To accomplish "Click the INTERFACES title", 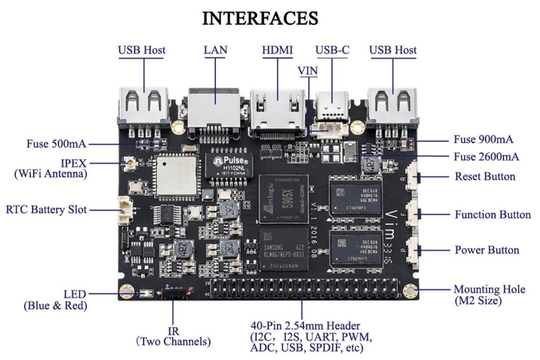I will point(260,18).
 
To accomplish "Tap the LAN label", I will point(215,50).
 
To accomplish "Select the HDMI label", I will point(277,50).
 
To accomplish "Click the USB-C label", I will point(332,50).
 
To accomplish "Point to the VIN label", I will point(308,70).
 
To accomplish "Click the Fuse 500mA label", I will point(56,144).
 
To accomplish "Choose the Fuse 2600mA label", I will point(486,157).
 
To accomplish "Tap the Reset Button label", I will point(485,176).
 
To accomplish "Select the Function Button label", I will point(493,215).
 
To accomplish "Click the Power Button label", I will point(487,250).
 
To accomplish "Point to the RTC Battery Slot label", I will point(46,210).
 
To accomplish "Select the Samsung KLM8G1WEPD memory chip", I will point(283,249).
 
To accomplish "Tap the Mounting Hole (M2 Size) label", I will point(489,295).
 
